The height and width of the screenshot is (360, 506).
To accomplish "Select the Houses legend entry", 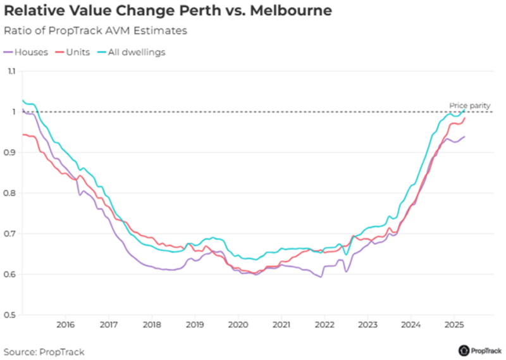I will tap(26, 52).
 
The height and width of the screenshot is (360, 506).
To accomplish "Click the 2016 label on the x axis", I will tap(65, 325).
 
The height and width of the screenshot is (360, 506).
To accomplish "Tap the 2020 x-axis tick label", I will tap(238, 325).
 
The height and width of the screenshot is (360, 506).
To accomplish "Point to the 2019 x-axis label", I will tap(195, 325).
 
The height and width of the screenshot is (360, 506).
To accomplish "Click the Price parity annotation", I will tap(469, 105).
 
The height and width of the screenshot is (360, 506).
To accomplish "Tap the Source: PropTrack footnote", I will tap(44, 351).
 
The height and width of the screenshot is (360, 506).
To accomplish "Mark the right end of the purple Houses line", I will tap(465, 137).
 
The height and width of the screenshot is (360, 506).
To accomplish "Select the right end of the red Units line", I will tap(465, 118).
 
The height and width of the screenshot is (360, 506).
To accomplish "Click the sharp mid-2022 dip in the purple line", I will tap(346, 271).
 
